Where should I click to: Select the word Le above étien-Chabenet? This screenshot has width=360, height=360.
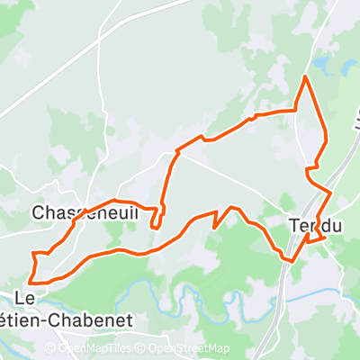[x=26, y=298]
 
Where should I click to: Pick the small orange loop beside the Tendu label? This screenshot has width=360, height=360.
[x=315, y=239]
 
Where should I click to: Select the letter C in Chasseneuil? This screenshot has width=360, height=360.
[x=37, y=213]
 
